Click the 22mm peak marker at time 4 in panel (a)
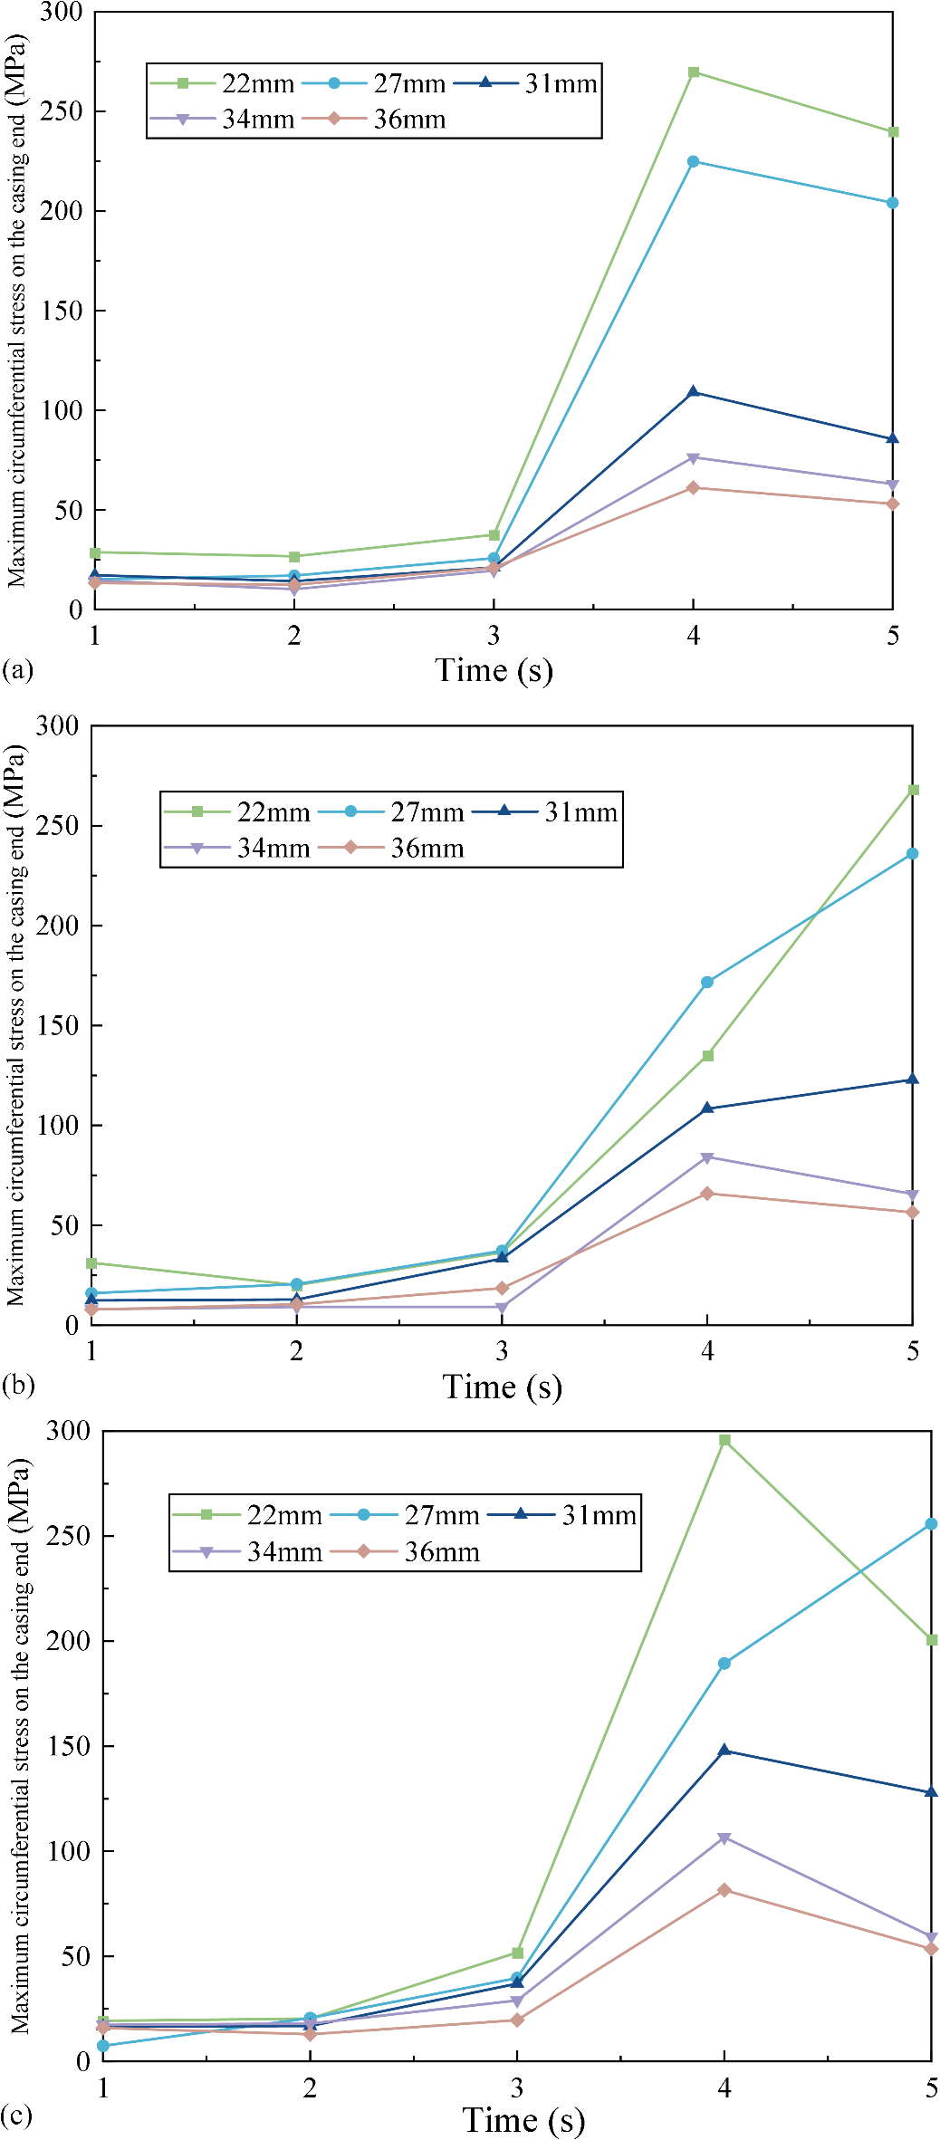click(694, 72)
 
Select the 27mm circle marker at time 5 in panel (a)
click(893, 203)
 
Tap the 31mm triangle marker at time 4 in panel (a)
click(694, 392)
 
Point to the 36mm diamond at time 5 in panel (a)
click(893, 504)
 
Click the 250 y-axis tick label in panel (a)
click(62, 111)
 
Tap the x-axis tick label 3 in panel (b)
click(502, 1352)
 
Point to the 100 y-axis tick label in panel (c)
click(69, 1851)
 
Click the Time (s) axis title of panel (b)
click(503, 1387)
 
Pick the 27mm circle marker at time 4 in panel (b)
click(707, 983)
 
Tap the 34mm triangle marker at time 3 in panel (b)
click(502, 1308)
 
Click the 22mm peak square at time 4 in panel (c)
click(724, 1440)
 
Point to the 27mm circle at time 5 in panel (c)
click(931, 1524)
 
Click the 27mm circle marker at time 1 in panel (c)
click(103, 2046)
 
